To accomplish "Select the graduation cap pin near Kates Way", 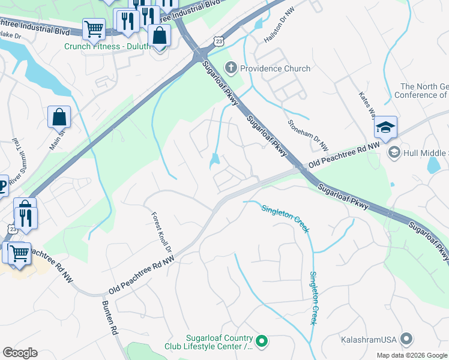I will (x=385, y=128).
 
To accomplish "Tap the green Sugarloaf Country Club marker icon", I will (x=262, y=341).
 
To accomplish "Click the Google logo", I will (x=20, y=353).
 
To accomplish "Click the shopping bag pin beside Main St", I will (x=59, y=117).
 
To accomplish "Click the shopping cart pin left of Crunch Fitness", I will (x=94, y=28).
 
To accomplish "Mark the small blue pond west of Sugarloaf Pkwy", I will (x=214, y=161).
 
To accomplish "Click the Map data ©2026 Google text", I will (x=411, y=355).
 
